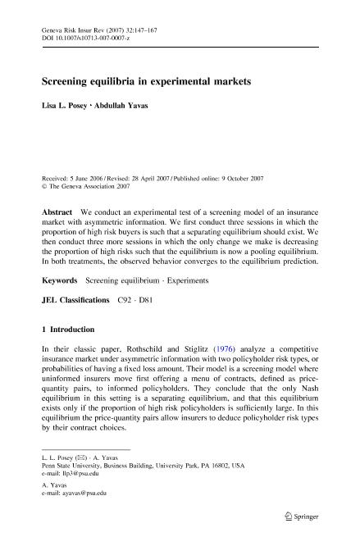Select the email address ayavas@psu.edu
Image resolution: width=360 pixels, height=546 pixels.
[x=82, y=494]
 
